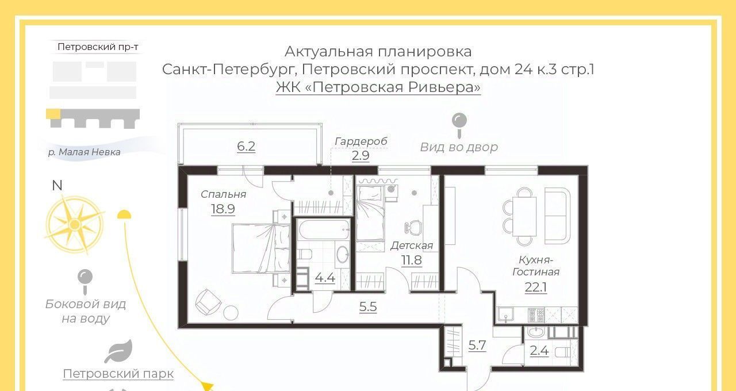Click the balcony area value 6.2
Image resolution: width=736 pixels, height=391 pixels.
[246, 146]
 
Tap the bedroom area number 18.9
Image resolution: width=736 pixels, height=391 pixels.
[223, 209]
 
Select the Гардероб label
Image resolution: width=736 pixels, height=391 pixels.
[361, 141]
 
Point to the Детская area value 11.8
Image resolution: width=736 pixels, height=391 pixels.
[411, 260]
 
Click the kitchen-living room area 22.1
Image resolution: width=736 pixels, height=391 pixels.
[535, 287]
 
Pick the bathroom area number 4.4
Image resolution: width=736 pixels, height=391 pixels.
[325, 278]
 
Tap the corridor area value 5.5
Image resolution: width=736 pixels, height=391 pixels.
[367, 306]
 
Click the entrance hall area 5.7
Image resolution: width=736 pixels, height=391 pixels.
[477, 345]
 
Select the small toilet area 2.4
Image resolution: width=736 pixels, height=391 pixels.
[539, 351]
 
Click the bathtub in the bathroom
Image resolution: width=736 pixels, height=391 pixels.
[324, 229]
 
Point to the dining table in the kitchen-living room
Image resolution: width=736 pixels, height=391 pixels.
[524, 216]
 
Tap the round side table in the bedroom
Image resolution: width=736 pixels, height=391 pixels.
[231, 313]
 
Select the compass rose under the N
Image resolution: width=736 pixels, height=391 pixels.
[75, 225]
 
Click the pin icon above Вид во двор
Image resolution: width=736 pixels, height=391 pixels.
[459, 125]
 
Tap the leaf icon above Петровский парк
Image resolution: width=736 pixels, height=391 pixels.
[118, 351]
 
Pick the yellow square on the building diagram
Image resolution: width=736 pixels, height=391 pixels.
[53, 113]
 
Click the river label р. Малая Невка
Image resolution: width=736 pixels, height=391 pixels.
[84, 152]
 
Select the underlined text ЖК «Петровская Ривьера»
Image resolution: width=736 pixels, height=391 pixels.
[378, 87]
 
